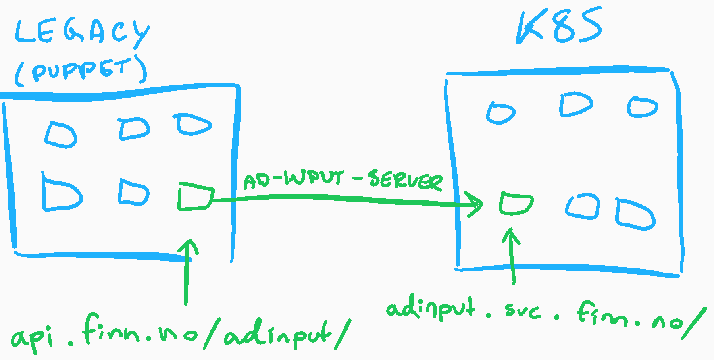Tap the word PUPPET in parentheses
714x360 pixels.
81,70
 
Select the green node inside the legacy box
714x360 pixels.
195,196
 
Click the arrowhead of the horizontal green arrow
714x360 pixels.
476,204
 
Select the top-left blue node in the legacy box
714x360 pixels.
61,135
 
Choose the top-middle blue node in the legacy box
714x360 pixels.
134,129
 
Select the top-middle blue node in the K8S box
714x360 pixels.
575,104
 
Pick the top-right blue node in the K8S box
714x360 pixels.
643,107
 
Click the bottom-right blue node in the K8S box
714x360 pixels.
635,214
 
